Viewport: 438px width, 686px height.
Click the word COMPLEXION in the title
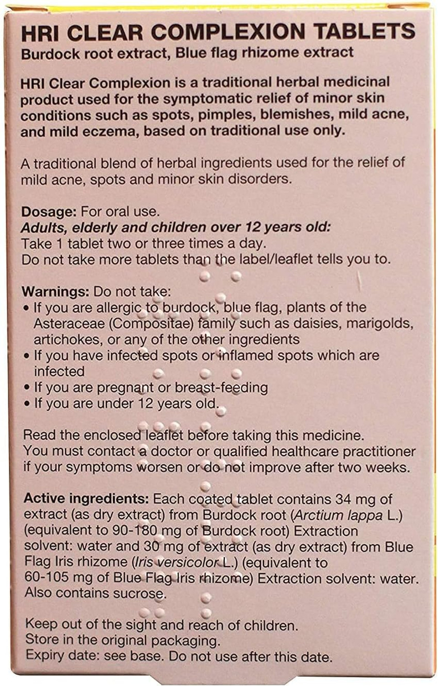coord(227,32)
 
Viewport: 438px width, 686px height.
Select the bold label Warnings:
coord(56,291)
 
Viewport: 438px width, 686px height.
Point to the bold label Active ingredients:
coord(86,499)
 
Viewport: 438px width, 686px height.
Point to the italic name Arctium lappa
coord(338,515)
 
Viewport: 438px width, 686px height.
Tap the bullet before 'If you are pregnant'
coord(27,388)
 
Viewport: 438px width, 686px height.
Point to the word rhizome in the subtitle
coord(270,52)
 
